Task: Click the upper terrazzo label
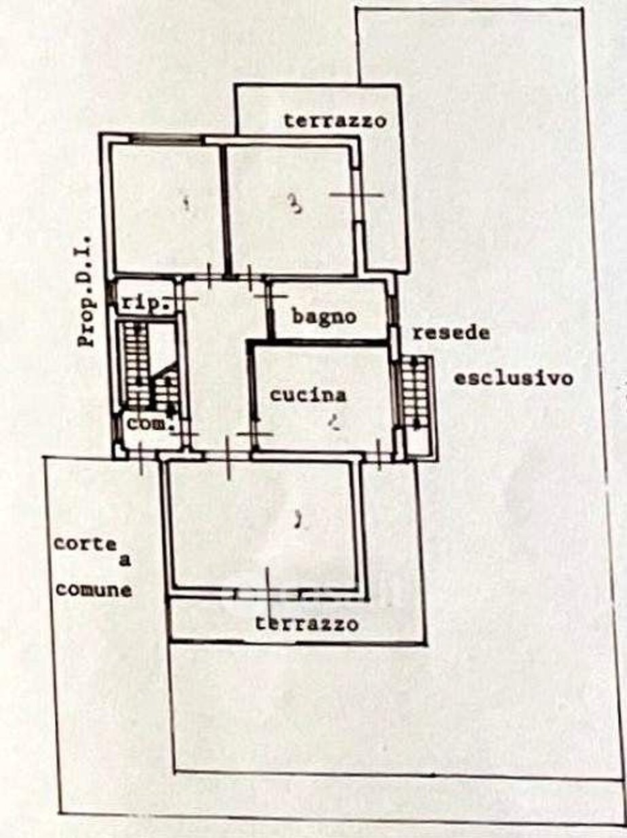335,122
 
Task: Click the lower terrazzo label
307,623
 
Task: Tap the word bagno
325,316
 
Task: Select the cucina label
308,395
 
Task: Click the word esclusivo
513,378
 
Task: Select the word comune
93,589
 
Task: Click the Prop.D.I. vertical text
88,299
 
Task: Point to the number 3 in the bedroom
294,204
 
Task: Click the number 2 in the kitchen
333,424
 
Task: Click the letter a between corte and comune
124,561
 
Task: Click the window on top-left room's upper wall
166,139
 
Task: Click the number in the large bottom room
296,522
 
